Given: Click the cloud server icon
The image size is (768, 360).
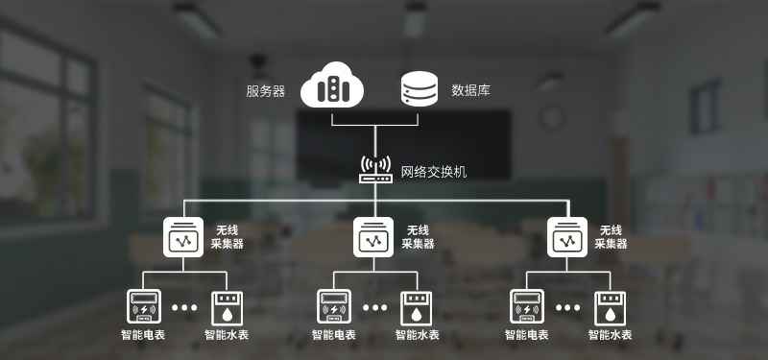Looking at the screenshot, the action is (x=332, y=84).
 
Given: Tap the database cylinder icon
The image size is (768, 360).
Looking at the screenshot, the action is (x=419, y=88).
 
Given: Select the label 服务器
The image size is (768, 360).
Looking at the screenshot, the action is (x=266, y=91).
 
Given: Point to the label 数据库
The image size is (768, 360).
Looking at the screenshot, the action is (x=470, y=90).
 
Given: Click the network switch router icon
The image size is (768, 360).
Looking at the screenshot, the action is (x=375, y=170).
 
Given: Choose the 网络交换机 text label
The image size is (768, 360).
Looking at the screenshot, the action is (x=434, y=172).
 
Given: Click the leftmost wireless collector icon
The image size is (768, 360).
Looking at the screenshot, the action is (x=183, y=237).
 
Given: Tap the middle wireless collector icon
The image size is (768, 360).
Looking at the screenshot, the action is (x=373, y=237).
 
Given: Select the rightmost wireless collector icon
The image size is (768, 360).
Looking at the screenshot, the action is (x=567, y=237).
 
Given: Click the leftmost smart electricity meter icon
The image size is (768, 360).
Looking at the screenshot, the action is (x=144, y=307).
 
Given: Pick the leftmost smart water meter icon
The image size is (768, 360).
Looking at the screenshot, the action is (x=227, y=308).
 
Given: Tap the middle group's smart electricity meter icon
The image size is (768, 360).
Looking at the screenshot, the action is (x=334, y=307).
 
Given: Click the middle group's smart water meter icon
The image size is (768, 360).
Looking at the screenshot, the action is (x=417, y=308).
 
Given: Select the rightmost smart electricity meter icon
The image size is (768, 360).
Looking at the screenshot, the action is (x=527, y=307).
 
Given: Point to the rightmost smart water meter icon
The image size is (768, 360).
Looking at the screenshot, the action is (x=610, y=308).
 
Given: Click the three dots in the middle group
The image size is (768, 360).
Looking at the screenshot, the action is (x=375, y=307).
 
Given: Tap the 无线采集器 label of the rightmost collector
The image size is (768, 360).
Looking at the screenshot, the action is (x=611, y=237).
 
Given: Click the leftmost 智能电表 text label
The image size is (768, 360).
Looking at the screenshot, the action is (x=142, y=335).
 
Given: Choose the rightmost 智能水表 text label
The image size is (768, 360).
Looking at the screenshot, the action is (x=611, y=335).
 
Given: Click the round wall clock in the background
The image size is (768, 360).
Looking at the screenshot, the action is (x=552, y=118).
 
